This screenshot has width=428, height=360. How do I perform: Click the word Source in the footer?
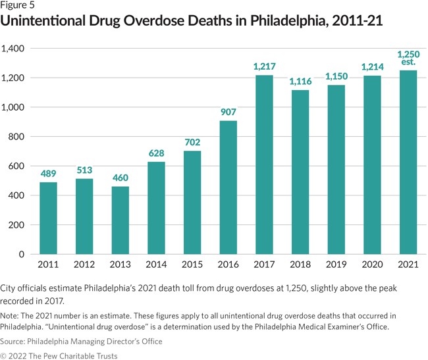tap(16, 341)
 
